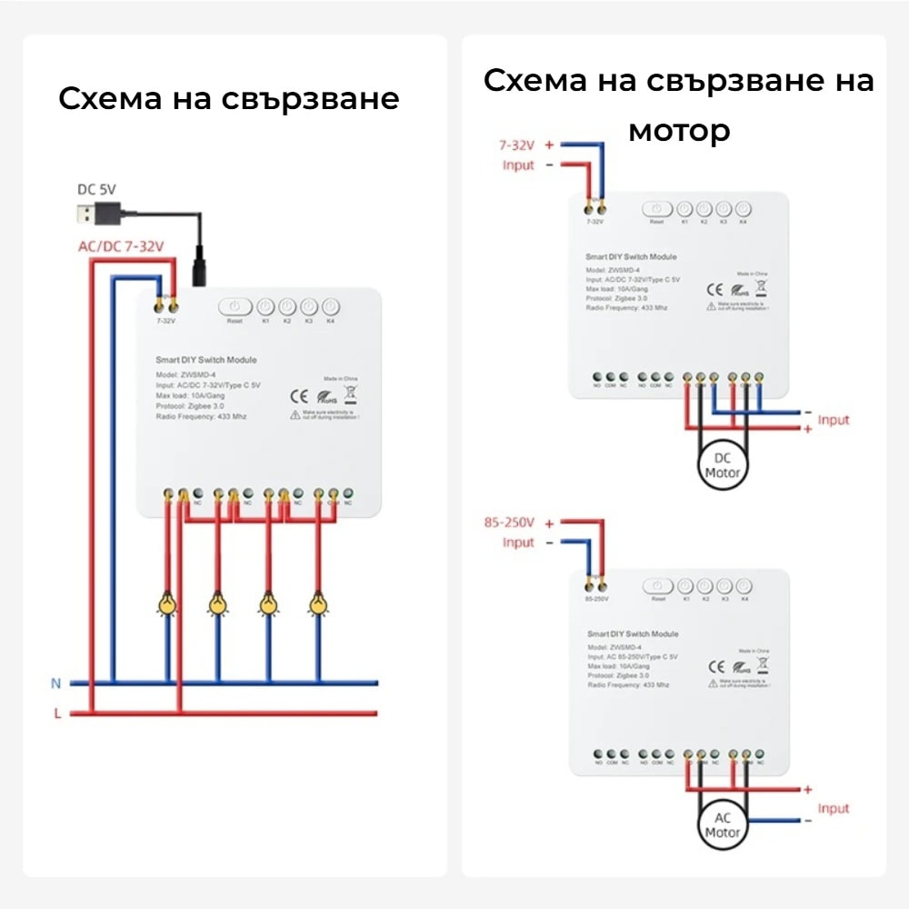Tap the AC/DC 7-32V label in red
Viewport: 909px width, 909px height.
pyautogui.click(x=120, y=246)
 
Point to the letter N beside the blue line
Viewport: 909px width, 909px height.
pyautogui.click(x=56, y=682)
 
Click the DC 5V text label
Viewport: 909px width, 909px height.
pyautogui.click(x=95, y=190)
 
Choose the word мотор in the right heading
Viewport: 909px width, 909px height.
pyautogui.click(x=679, y=131)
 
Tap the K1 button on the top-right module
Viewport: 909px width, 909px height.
pyautogui.click(x=684, y=209)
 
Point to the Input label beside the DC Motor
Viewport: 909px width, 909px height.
pyautogui.click(x=833, y=420)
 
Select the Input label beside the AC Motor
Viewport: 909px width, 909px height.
pyautogui.click(x=833, y=808)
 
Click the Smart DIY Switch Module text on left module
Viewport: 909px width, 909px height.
pyautogui.click(x=205, y=361)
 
